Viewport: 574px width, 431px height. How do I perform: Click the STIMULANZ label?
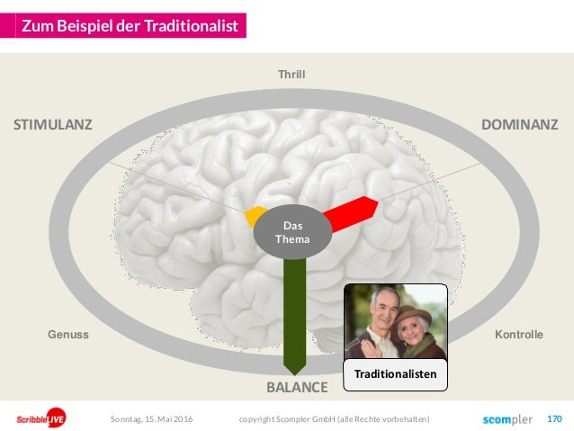click(52, 124)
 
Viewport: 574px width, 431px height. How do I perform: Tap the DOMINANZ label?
click(520, 124)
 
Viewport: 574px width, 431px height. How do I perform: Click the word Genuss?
click(67, 335)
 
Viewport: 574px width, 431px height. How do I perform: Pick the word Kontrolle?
click(518, 335)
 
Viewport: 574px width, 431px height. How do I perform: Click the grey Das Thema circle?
click(291, 234)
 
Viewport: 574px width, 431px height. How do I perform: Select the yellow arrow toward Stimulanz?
click(254, 216)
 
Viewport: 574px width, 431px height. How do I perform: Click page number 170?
click(554, 418)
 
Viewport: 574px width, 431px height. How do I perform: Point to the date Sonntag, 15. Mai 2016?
click(150, 419)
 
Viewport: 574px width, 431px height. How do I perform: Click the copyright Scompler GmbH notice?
click(334, 419)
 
